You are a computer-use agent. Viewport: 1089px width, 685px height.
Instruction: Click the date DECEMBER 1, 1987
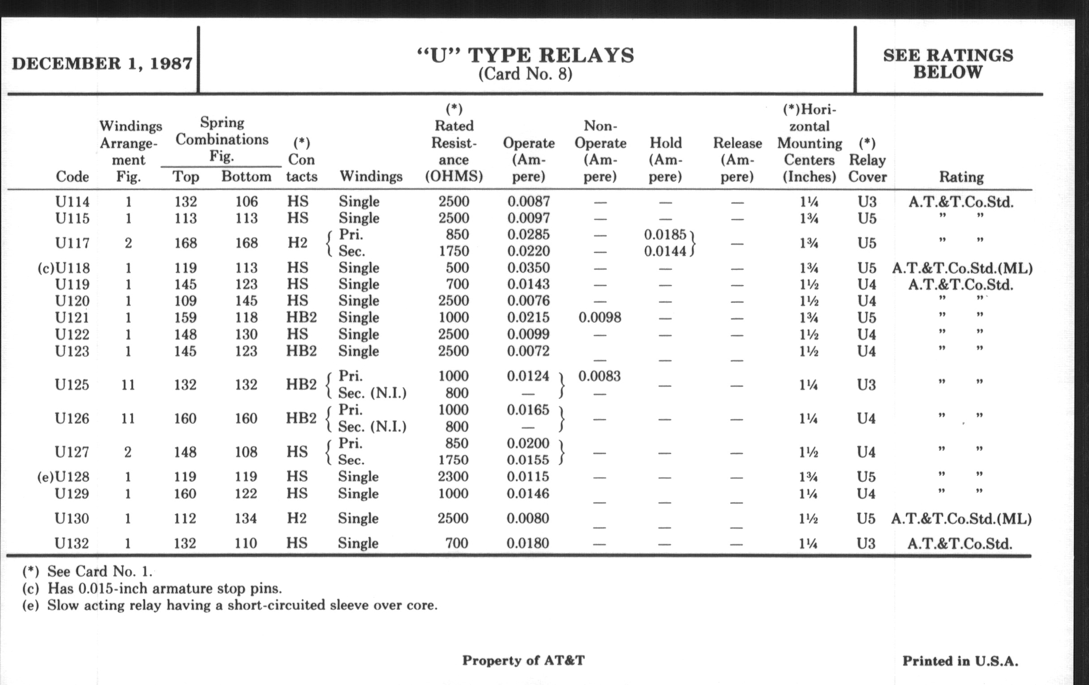pos(102,63)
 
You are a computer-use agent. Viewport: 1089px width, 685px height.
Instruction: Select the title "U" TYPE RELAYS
pos(525,56)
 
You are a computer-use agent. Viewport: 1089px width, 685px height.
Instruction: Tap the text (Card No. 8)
pos(525,74)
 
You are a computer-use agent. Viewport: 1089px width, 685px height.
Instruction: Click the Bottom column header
pos(246,176)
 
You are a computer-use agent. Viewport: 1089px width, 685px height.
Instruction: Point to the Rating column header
pos(961,177)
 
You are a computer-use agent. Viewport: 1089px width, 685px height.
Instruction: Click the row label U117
pos(73,243)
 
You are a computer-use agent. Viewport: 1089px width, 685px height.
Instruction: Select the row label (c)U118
pos(64,268)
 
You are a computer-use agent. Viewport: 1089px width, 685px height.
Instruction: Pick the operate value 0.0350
pos(528,268)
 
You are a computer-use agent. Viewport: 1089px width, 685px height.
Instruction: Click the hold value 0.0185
pos(665,235)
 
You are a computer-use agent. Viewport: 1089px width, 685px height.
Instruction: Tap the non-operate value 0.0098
pos(600,317)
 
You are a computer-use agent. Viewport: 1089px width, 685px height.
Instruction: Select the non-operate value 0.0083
pos(599,376)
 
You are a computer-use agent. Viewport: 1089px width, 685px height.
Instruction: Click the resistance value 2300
pos(453,476)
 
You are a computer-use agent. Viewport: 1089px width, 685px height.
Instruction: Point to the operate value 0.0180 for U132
pos(528,543)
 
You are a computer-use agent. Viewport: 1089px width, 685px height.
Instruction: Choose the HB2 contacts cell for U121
pos(301,317)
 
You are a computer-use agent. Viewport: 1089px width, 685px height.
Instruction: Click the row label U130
pos(72,518)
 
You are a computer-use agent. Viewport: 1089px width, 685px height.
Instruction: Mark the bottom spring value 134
pos(245,518)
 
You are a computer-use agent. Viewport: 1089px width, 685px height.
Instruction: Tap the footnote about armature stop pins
pos(152,589)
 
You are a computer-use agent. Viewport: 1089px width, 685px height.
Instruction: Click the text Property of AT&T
pos(523,660)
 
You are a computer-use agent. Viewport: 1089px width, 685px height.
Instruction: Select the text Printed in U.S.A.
pos(960,661)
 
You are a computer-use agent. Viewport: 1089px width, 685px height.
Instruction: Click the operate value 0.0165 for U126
pos(528,410)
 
